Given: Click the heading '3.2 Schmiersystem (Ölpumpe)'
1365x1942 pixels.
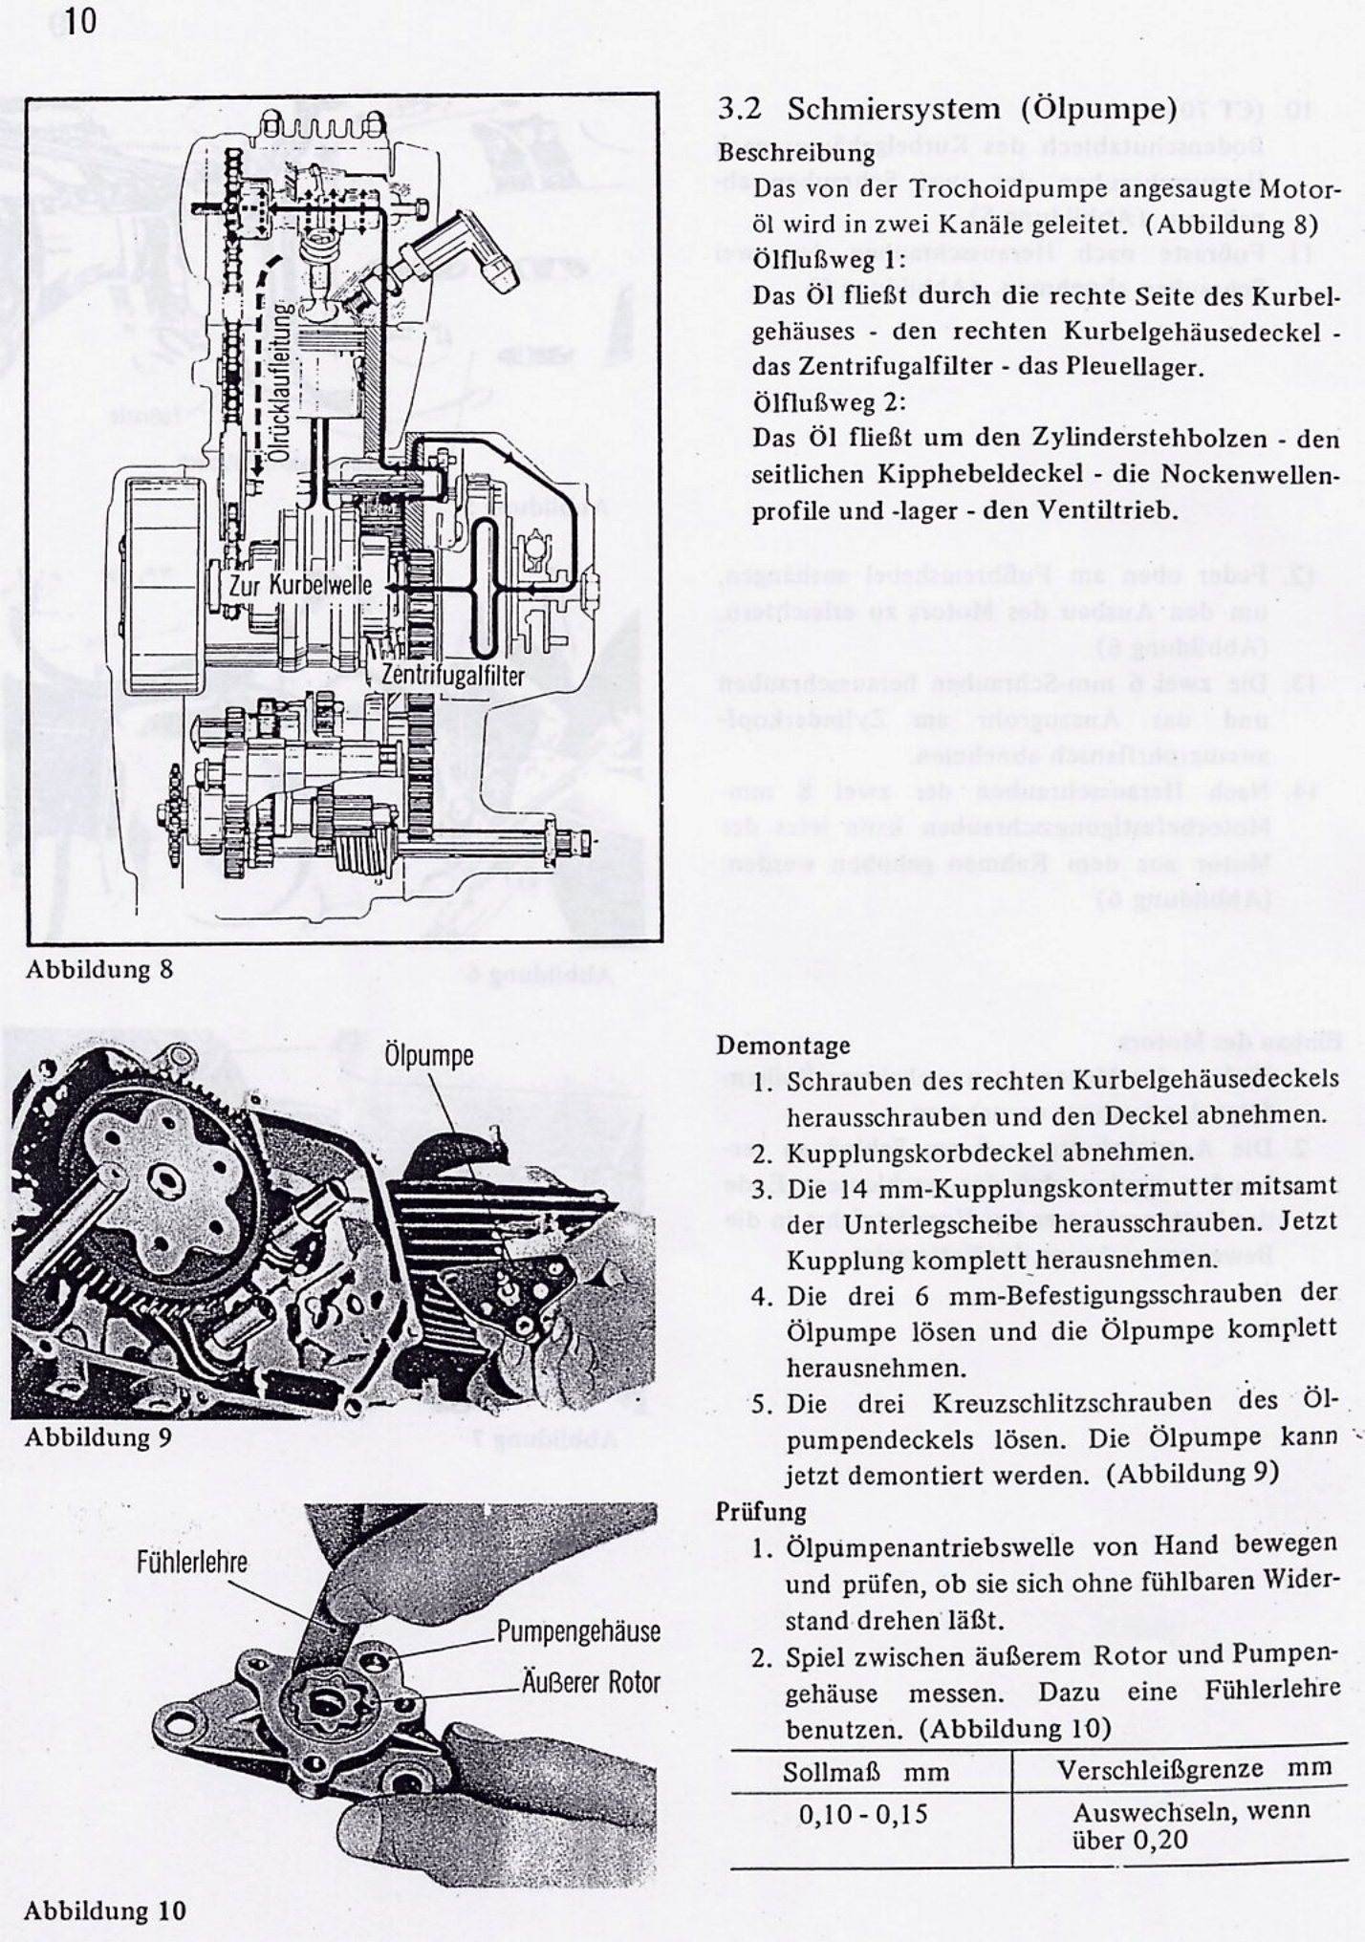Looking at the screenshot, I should pyautogui.click(x=947, y=109).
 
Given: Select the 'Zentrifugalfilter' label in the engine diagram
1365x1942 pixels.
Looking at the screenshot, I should pyautogui.click(x=452, y=675).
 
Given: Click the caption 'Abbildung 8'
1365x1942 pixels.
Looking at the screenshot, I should pyautogui.click(x=98, y=969).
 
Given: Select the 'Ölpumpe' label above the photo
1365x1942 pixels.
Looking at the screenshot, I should pyautogui.click(x=428, y=1056).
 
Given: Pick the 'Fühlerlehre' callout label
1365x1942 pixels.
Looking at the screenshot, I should pyautogui.click(x=191, y=1563).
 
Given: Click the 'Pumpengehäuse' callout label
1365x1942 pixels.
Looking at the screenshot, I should pyautogui.click(x=578, y=1631).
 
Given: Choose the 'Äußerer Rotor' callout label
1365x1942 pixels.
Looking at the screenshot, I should pyautogui.click(x=591, y=1682).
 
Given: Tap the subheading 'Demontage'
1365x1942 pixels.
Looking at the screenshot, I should pyautogui.click(x=783, y=1045).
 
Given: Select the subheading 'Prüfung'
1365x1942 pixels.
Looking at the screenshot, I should pyautogui.click(x=761, y=1511).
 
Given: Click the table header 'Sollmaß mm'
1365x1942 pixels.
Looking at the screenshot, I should pyautogui.click(x=866, y=1772).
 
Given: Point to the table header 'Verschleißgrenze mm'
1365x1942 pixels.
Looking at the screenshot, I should pyautogui.click(x=1194, y=1768).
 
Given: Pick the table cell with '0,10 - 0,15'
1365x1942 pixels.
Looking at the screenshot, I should pyautogui.click(x=863, y=1814).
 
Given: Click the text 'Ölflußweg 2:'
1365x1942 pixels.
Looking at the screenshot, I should pyautogui.click(x=829, y=402).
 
